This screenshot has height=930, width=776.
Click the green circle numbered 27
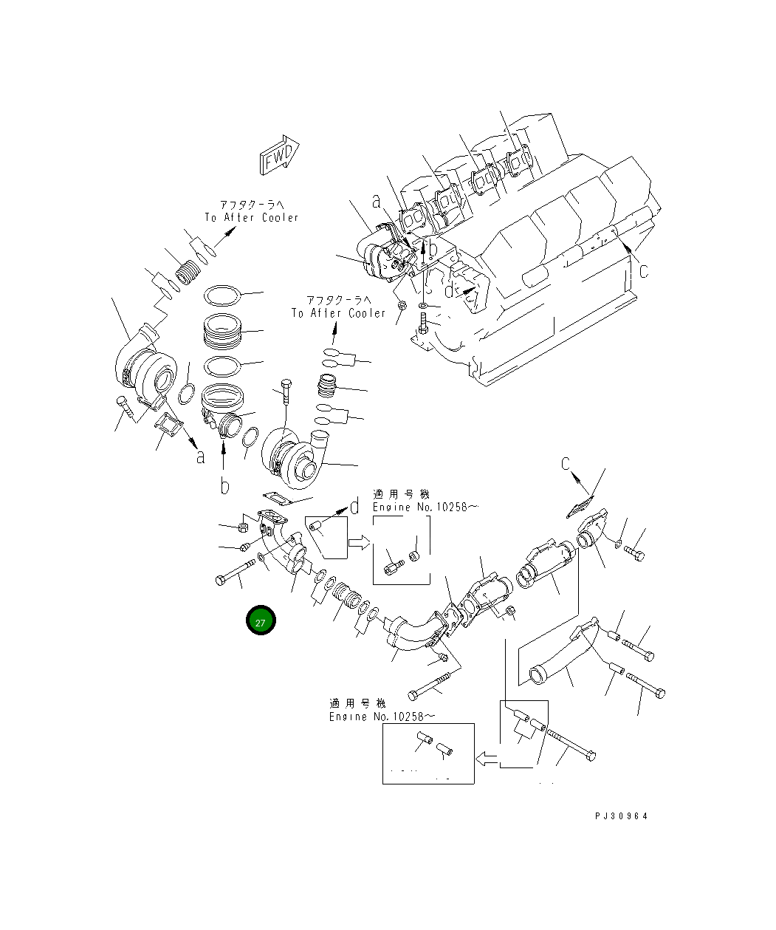[x=261, y=620]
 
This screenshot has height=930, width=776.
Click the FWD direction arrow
[x=279, y=155]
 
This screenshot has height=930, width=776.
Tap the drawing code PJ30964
[x=621, y=816]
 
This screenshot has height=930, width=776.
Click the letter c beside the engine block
[x=643, y=270]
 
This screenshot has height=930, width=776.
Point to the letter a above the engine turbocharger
[x=377, y=202]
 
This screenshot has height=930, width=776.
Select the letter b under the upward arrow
[x=225, y=486]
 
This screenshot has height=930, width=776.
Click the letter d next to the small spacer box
[x=354, y=507]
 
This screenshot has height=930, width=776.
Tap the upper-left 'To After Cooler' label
[x=252, y=217]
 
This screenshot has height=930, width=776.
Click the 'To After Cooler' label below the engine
[x=338, y=313]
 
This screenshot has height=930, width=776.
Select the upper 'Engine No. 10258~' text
[x=425, y=507]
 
